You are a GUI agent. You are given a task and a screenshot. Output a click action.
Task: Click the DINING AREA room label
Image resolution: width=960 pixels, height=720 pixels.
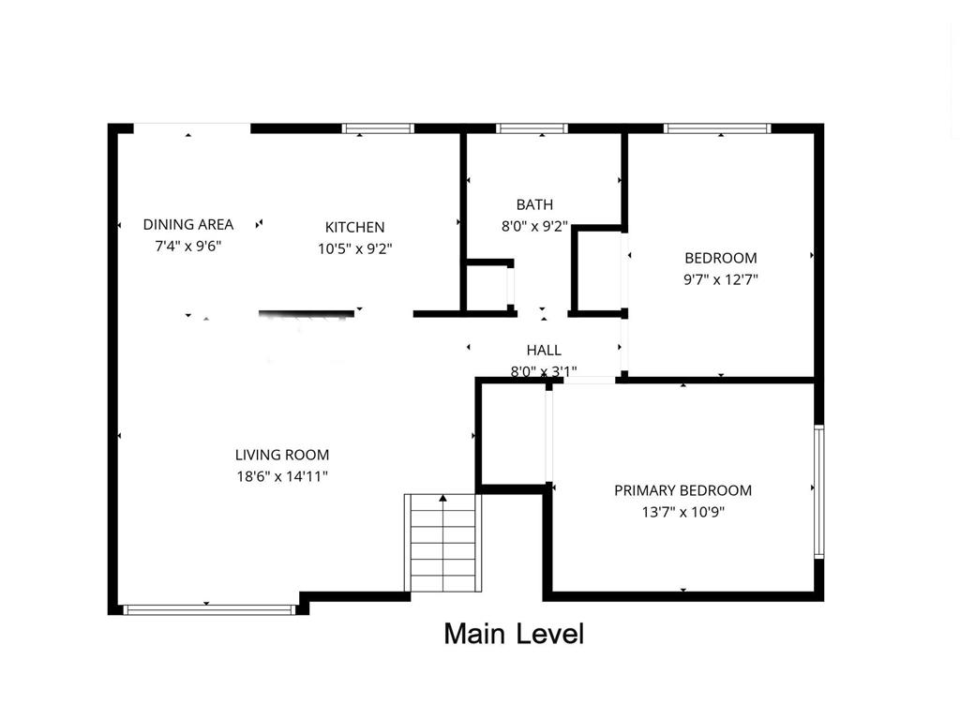point(187,224)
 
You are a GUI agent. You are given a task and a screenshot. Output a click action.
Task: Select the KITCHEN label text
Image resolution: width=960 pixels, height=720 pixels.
point(354,227)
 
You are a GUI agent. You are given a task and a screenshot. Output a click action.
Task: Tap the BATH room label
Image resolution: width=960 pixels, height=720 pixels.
point(534,204)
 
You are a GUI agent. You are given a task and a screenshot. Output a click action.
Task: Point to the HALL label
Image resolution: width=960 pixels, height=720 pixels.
point(544,351)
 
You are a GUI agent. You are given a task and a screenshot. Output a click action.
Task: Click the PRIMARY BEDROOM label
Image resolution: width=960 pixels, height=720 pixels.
point(682,490)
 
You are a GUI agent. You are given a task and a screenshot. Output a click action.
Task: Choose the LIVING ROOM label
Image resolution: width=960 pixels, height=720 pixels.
point(281,455)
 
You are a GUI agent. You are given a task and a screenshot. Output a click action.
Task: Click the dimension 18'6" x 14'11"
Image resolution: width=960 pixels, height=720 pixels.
point(281,476)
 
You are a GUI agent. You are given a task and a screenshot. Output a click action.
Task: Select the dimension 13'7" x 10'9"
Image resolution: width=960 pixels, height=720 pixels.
point(682,512)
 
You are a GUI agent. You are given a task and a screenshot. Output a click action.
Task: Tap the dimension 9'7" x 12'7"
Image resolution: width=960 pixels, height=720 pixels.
point(720,279)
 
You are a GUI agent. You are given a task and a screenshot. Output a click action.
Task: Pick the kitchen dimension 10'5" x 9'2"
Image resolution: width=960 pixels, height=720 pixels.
point(354,249)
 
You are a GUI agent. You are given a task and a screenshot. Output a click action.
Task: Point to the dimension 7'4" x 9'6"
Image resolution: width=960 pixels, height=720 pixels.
point(187,246)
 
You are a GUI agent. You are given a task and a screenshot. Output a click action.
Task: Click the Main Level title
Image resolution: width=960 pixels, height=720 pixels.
point(514,634)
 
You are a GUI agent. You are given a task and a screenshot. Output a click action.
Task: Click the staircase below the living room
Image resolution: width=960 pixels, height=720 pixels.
point(442,544)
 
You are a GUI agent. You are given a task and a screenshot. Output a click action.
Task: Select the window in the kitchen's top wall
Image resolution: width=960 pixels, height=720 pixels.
point(378,128)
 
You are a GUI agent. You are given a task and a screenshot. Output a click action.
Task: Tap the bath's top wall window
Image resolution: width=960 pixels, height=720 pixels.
point(532,128)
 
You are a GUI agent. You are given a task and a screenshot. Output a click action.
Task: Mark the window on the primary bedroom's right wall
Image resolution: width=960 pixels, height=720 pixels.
point(818,492)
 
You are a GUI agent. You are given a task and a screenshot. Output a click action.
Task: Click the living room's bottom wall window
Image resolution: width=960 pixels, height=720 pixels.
point(209,609)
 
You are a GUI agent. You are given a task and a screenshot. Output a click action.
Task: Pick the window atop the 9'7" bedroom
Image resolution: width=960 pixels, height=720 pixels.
point(717,128)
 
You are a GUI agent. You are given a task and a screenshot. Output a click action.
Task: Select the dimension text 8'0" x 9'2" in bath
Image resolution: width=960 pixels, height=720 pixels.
point(534,226)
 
